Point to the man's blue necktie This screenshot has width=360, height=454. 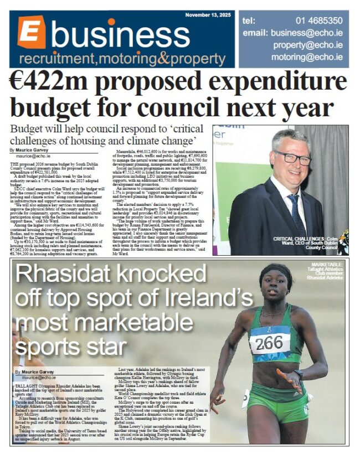[x=295, y=213]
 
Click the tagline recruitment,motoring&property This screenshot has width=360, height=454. [x=122, y=59]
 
